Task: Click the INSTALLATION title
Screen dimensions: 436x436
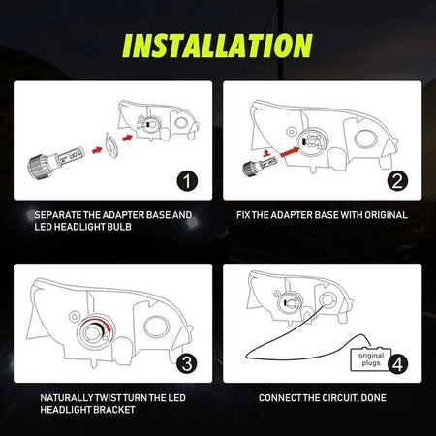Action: tap(218, 45)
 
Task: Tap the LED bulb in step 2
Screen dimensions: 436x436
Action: tap(255, 167)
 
